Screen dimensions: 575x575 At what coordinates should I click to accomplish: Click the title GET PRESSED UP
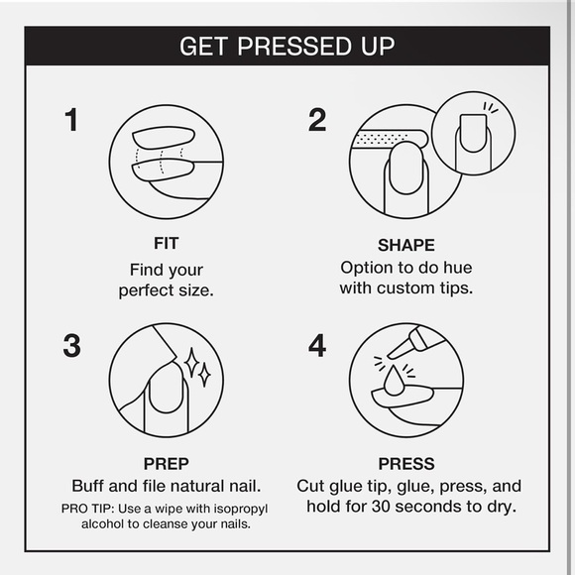[x=287, y=47]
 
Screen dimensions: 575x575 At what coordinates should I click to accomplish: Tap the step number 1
[x=71, y=120]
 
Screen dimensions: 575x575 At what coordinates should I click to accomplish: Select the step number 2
[x=317, y=120]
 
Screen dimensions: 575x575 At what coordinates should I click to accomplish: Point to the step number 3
[x=71, y=345]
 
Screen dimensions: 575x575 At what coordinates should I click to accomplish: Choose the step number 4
[x=317, y=345]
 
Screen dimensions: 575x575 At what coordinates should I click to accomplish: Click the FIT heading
[x=167, y=243]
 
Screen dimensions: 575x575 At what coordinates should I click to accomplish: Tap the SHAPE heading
[x=406, y=245]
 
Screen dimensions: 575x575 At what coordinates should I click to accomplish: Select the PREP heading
[x=167, y=464]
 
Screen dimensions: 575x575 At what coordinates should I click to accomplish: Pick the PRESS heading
[x=406, y=464]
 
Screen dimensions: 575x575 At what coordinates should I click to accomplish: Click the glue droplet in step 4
[x=394, y=382]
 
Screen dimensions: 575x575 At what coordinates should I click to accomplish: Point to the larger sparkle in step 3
[x=191, y=363]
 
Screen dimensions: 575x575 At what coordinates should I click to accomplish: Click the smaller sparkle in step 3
[x=204, y=375]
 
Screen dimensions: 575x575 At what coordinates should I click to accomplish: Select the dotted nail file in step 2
[x=390, y=140]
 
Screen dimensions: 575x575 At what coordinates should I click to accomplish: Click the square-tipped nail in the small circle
[x=473, y=133]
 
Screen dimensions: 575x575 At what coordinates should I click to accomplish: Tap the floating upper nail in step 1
[x=164, y=138]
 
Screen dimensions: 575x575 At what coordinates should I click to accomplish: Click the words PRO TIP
[x=88, y=509]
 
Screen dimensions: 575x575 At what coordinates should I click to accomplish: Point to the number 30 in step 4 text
[x=382, y=507]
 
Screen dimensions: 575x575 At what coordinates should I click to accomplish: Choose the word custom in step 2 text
[x=405, y=288]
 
